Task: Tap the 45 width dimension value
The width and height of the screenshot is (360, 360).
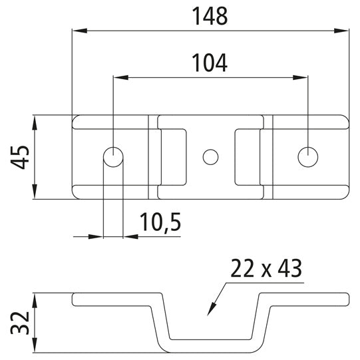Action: point(19,157)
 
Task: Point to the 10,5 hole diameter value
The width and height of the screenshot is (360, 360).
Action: point(161,222)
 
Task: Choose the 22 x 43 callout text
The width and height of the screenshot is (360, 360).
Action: point(266,269)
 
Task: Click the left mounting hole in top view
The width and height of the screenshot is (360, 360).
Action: point(113,157)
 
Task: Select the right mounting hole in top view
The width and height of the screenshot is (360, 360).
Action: point(307,157)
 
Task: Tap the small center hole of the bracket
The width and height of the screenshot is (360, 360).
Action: point(210,157)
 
